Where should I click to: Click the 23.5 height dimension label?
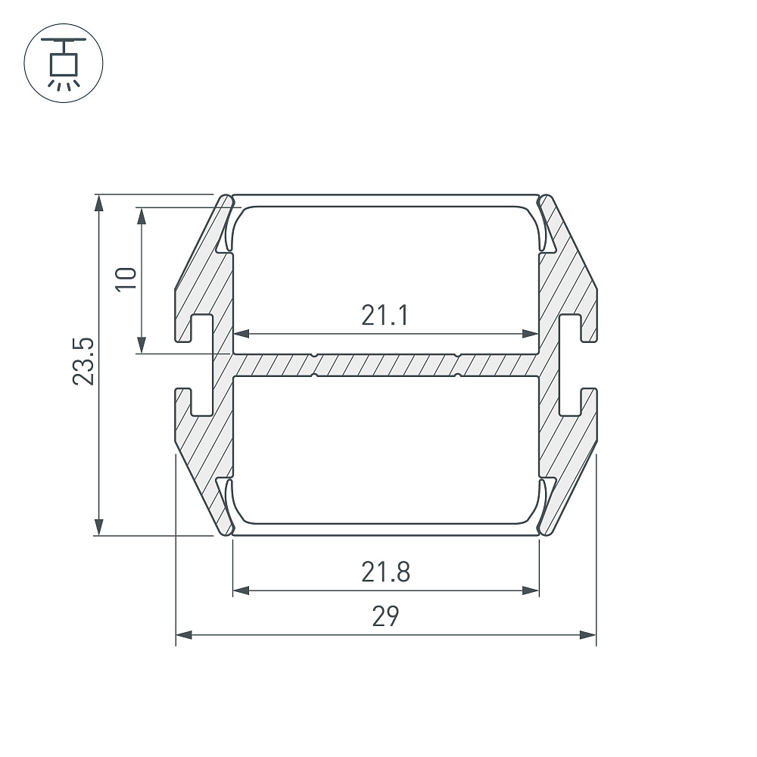pos(83,361)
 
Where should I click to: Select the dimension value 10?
pos(126,279)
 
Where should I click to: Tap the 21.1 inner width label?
pos(385,315)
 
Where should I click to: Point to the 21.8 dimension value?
pos(386,572)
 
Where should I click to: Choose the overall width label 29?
pos(386,616)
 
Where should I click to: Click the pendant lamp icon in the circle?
pos(64,64)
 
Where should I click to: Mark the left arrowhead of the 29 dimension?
pos(184,635)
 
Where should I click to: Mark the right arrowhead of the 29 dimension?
pos(588,635)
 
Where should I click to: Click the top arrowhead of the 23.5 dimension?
pos(99,203)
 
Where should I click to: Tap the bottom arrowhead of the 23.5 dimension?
pos(99,527)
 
